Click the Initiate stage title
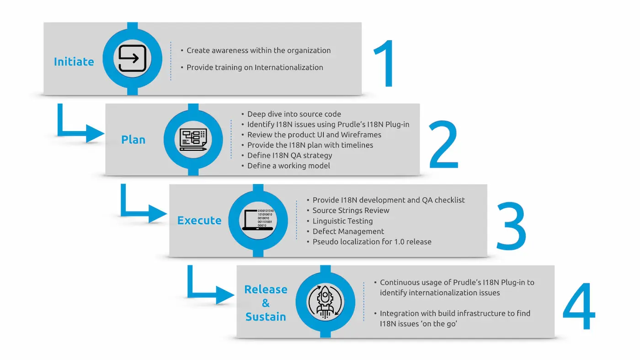74,62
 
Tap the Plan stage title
133,140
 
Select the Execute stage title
199,220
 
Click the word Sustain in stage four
266,317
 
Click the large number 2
443,144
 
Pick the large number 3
512,226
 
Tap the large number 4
579,306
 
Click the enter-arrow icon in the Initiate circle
132,58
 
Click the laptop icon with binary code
258,220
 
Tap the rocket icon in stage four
325,302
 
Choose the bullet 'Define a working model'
286,165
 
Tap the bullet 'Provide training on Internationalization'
252,67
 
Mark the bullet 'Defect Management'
346,231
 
